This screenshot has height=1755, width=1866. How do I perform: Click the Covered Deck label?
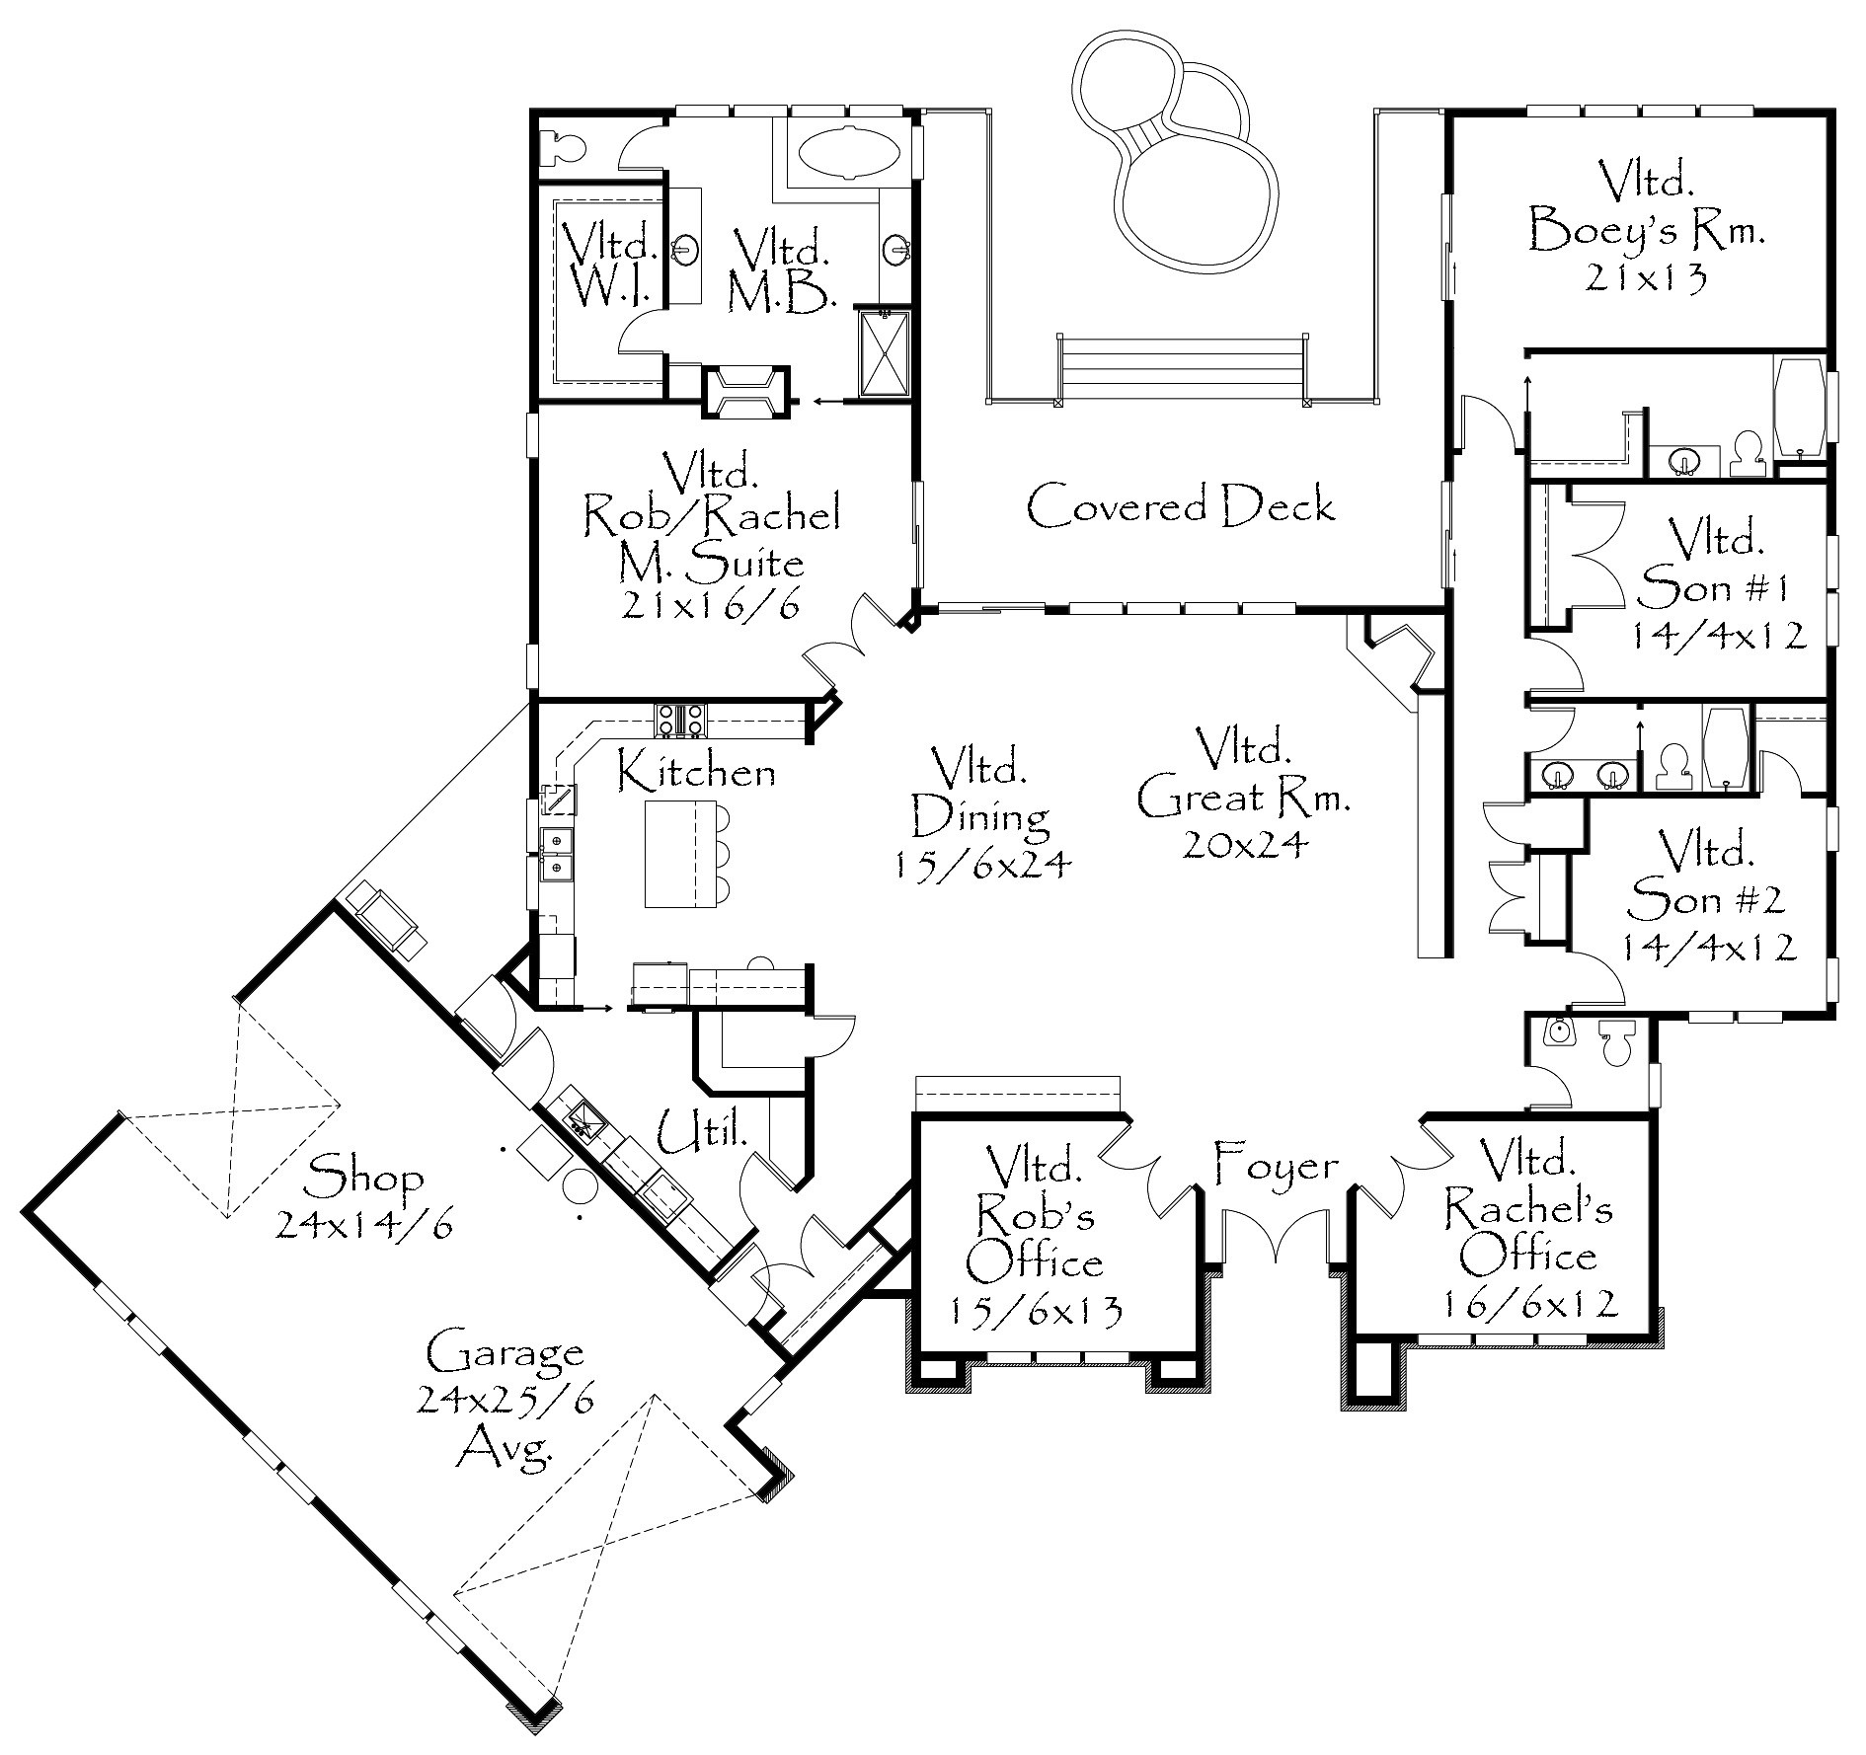tap(1181, 506)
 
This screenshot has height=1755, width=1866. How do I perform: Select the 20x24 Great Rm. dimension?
tap(1246, 845)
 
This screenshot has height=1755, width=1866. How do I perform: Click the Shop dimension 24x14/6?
tap(365, 1225)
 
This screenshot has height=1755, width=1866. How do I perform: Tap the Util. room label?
tap(702, 1135)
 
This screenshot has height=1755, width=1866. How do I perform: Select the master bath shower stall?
tap(883, 353)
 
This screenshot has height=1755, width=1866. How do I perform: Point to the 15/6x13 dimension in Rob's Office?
tap(1037, 1311)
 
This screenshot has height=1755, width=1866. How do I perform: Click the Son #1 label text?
tap(1714, 588)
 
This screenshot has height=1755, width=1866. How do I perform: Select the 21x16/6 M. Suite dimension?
tap(710, 606)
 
